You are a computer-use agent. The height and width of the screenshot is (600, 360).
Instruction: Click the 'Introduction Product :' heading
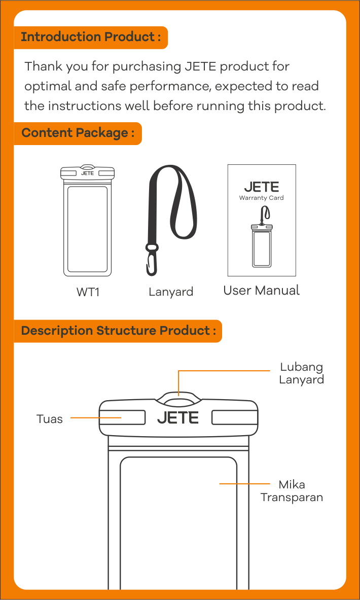[91, 37]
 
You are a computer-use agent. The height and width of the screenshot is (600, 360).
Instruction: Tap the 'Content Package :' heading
[78, 133]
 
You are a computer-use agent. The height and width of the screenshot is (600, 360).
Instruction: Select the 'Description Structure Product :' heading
[118, 331]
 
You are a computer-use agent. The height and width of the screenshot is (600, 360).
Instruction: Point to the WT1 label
[88, 292]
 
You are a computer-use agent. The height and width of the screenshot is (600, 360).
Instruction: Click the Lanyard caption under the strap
[171, 292]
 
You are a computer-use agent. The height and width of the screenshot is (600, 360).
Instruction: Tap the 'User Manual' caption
[261, 291]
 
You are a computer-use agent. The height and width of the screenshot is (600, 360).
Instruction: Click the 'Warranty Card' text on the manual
[261, 198]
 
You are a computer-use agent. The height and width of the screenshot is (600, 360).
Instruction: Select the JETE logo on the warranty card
[261, 187]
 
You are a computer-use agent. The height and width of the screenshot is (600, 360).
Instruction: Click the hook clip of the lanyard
[151, 261]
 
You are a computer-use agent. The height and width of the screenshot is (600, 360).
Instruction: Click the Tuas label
[50, 419]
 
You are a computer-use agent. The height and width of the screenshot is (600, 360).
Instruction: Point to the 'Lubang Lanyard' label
[301, 373]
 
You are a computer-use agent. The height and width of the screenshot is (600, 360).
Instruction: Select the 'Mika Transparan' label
[292, 491]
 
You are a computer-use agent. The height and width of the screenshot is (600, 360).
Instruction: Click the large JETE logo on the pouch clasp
[178, 418]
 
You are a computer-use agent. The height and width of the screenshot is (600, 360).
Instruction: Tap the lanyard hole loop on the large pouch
[178, 398]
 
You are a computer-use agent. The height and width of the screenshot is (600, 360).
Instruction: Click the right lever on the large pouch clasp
[234, 417]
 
